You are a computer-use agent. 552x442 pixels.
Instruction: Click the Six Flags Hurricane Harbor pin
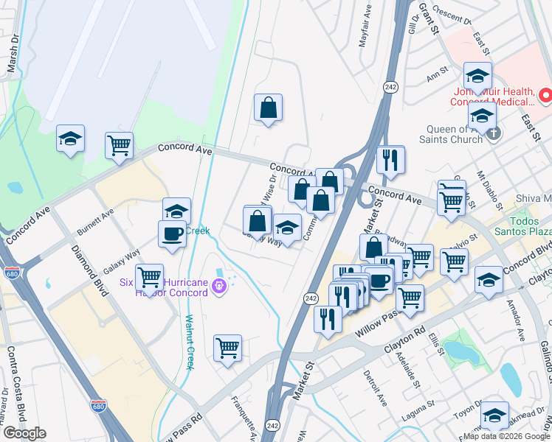coord(218,286)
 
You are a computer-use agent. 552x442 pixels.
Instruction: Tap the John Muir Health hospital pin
coord(545,95)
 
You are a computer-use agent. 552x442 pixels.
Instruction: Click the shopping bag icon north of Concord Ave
coord(268,108)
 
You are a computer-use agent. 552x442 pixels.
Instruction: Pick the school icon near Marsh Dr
coord(71,138)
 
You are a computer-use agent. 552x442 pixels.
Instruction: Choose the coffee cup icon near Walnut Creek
coord(172,234)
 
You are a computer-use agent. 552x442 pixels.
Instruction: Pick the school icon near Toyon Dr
coord(494,414)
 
